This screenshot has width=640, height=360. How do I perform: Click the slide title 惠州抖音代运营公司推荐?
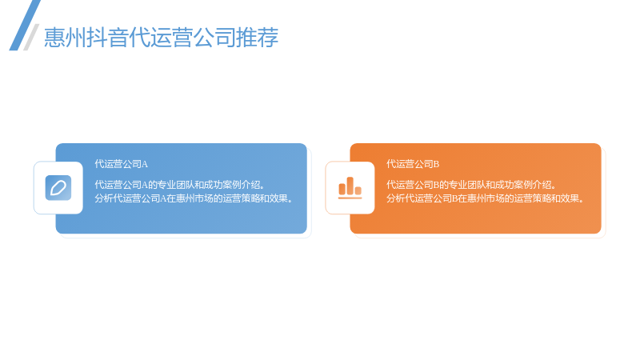162,37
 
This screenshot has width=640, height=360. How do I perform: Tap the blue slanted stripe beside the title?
25,26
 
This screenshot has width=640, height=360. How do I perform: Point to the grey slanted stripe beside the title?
31,37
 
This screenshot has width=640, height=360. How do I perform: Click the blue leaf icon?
58,188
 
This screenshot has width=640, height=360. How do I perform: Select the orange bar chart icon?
350,188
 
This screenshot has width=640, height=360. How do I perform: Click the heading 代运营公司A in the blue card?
122,164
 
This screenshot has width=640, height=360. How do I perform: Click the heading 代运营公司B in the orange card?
413,164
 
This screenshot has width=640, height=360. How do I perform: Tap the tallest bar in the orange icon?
350,186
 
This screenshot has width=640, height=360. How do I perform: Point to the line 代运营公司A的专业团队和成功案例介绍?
179,185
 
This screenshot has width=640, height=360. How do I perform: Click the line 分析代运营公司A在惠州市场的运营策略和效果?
194,198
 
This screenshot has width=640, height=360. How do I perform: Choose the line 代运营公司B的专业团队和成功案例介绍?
471,185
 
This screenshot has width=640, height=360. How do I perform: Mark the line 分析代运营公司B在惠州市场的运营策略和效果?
486,198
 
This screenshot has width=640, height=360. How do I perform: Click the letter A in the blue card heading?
145,165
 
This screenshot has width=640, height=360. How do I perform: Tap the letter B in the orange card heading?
436,165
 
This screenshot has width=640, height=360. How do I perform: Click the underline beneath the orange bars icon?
350,198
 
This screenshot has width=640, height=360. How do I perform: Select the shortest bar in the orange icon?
358,190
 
